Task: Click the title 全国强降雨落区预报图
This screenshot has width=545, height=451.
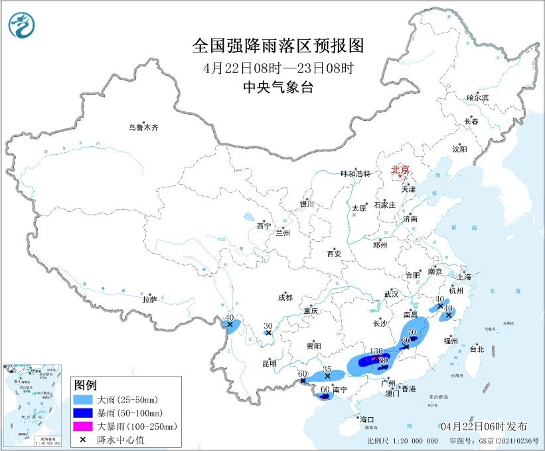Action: click(278, 45)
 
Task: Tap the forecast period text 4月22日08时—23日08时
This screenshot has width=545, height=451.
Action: click(278, 68)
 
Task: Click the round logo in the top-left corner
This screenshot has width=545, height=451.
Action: click(22, 25)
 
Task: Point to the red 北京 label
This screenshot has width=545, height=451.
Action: click(400, 169)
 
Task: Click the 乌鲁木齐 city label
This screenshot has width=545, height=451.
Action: click(144, 128)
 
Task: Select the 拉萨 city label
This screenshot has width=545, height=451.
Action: click(149, 300)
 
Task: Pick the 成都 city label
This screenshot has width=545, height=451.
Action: click(285, 298)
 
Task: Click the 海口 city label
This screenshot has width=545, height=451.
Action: click(367, 419)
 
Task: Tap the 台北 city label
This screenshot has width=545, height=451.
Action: click(477, 349)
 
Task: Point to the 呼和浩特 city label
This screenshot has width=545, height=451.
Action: click(353, 173)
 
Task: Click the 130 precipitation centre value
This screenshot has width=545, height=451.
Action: click(376, 351)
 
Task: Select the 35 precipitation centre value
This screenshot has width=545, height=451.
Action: click(327, 369)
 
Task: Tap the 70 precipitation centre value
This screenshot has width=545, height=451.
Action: click(412, 332)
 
